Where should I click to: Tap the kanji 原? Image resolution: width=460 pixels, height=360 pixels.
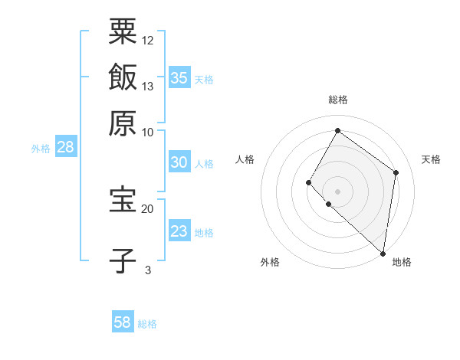pos(123,122)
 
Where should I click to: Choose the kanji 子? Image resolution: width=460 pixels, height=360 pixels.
pos(123,260)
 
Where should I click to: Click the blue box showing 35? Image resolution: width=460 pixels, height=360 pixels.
pos(179,78)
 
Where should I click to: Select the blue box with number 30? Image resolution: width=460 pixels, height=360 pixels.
pos(179,162)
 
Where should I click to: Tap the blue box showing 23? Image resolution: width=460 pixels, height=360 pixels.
pos(179,231)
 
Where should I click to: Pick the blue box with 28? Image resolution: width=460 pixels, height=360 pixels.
pos(65,148)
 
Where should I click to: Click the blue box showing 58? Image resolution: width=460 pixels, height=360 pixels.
pos(123,322)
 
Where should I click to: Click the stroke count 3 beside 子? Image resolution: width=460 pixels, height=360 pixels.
pos(147,270)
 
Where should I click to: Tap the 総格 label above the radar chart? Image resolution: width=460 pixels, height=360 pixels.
pos(337,100)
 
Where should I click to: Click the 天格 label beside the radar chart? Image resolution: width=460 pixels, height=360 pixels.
pos(431,159)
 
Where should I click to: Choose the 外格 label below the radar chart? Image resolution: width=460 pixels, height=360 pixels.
pos(270,263)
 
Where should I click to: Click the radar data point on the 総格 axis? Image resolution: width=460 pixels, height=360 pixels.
pos(337,130)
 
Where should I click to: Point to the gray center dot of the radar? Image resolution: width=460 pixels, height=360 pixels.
pos(337,191)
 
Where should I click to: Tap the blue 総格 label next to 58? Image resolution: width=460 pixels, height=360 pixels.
pos(147,324)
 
